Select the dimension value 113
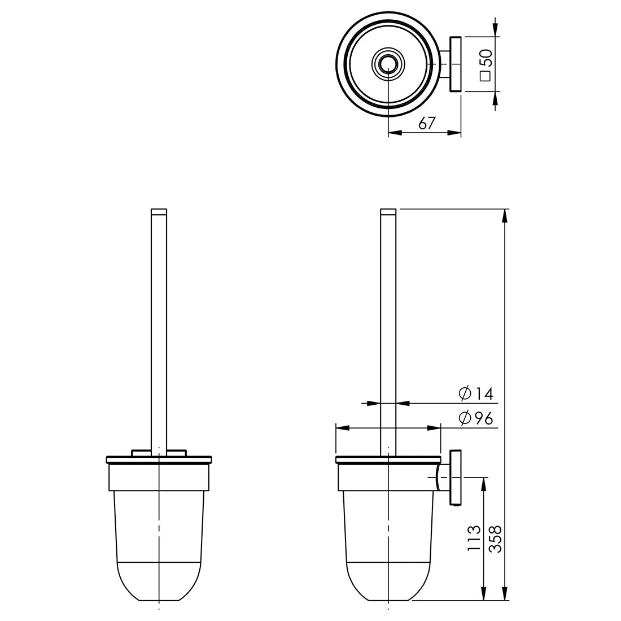(474, 537)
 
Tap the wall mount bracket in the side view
(455, 478)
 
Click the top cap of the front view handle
(159, 212)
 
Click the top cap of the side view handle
(388, 212)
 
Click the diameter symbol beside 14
(465, 393)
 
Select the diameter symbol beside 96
(465, 418)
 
